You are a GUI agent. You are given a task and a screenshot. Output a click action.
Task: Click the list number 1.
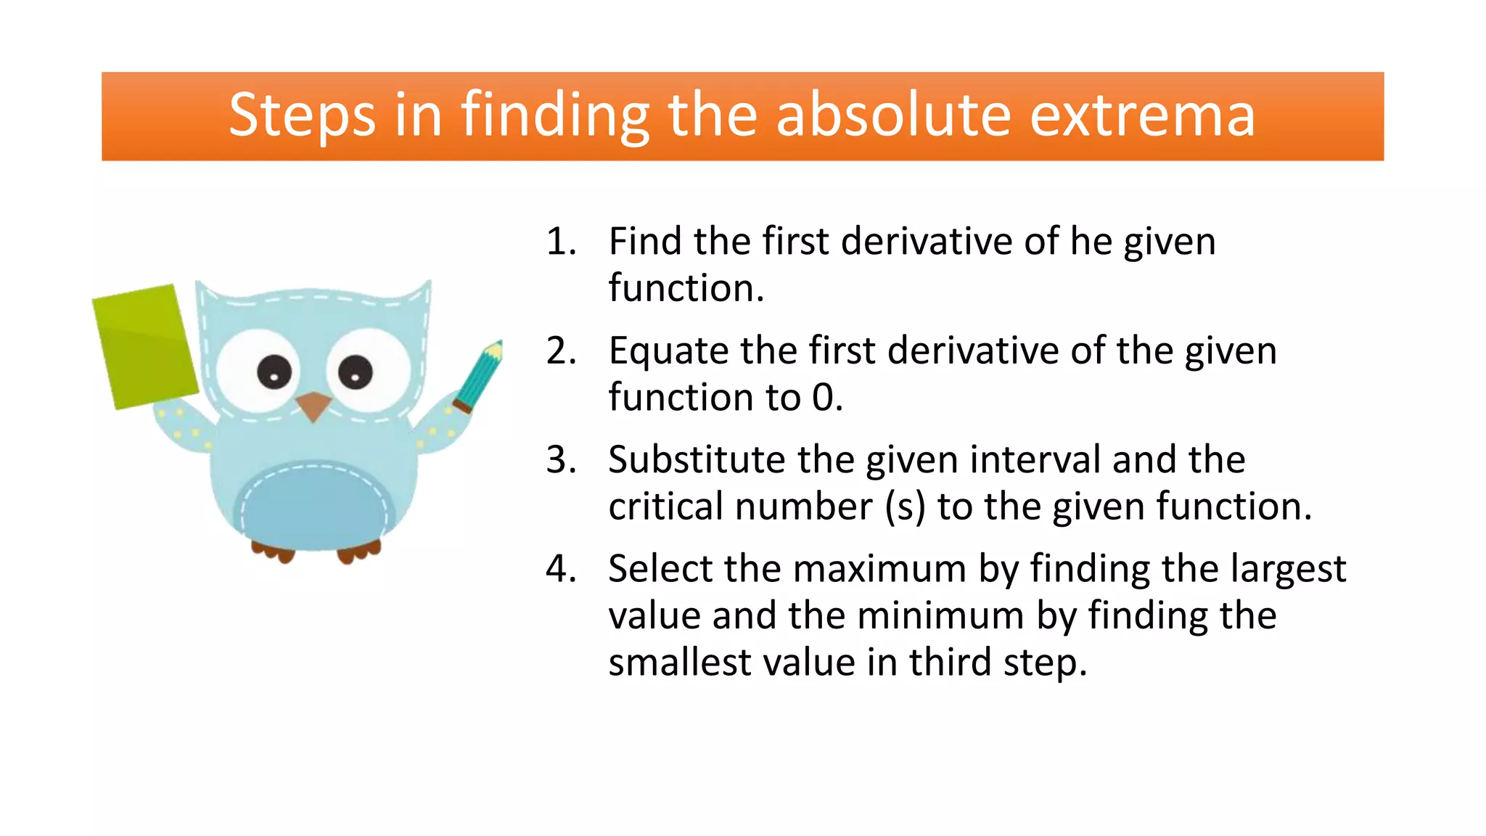tap(560, 242)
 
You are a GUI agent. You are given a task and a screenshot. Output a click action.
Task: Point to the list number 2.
tap(561, 351)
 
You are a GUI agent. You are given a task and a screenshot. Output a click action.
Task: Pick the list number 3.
tap(561, 460)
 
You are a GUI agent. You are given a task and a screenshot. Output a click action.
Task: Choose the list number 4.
tap(561, 569)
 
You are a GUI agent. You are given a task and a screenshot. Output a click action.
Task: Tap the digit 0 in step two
tap(823, 398)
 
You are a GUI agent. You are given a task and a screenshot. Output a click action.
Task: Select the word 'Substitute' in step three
tap(697, 460)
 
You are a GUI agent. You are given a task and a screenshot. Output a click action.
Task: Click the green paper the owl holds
tap(145, 347)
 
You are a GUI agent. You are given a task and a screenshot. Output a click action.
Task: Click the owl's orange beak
tap(313, 405)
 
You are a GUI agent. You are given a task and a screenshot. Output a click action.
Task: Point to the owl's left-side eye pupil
tap(274, 373)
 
